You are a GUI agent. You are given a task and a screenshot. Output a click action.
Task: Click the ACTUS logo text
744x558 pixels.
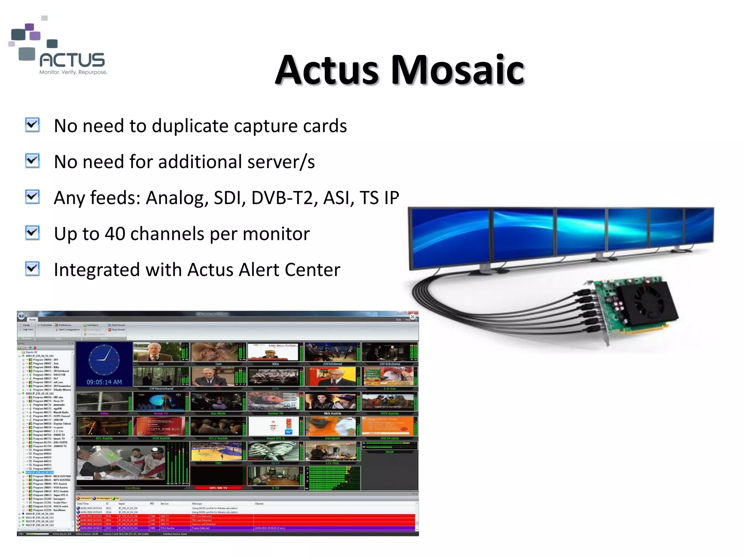point(72,60)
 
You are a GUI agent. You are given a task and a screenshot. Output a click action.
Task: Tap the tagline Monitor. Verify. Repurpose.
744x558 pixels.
point(73,72)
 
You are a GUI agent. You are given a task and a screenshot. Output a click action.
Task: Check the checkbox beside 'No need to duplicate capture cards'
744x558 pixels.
point(33,125)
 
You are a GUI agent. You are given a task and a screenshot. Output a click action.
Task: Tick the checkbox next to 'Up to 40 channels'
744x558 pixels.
point(33,233)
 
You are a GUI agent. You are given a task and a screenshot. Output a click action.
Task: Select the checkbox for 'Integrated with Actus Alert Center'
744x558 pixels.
point(33,269)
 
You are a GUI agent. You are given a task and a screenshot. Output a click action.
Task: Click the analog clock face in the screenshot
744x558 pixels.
point(104,360)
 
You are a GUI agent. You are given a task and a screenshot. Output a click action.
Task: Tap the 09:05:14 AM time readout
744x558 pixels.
point(104,382)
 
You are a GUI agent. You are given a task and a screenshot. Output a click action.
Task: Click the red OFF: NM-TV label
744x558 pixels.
point(218,488)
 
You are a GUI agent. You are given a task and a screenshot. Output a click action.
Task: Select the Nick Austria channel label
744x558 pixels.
point(332,413)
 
